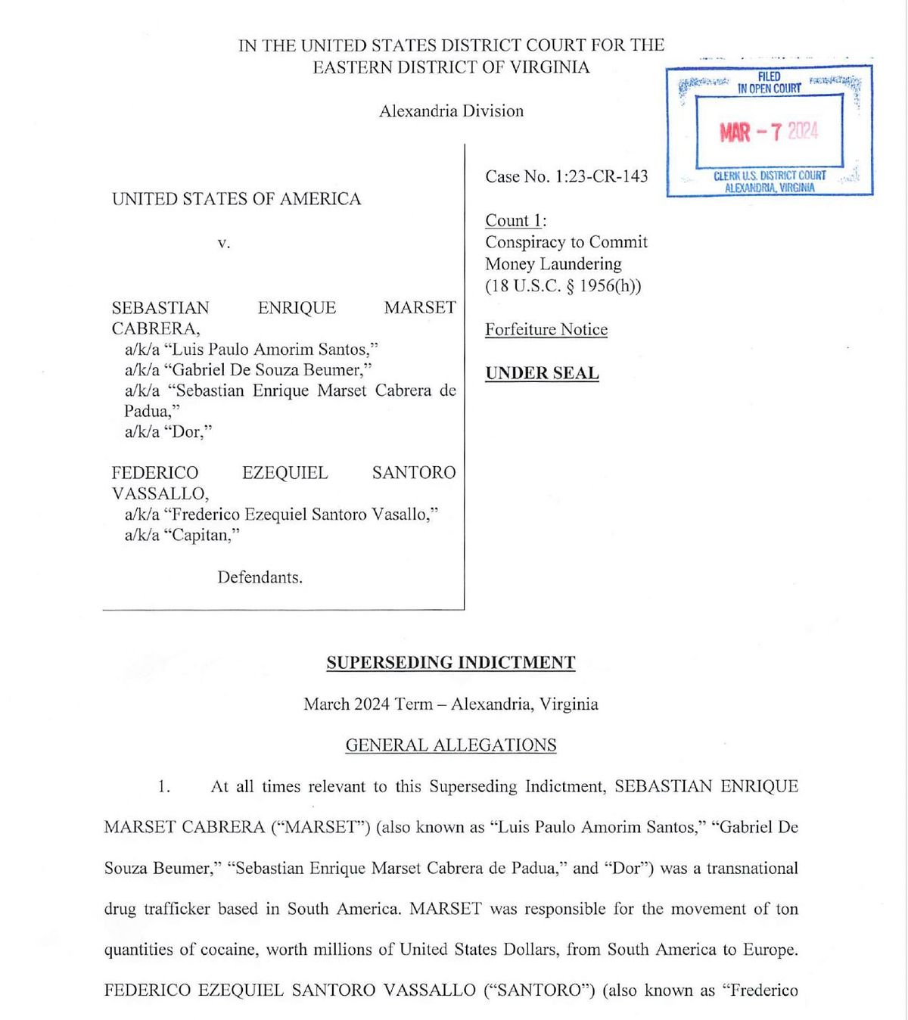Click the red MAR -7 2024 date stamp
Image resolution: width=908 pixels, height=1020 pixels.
click(769, 132)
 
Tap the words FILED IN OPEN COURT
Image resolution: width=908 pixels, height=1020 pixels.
click(769, 82)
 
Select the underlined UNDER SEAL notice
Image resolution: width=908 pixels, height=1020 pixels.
click(542, 373)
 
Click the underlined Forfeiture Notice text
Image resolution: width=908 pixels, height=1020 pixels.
click(546, 329)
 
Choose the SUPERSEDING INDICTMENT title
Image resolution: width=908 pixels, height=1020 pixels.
click(451, 663)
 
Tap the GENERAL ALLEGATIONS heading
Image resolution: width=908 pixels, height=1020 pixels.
click(451, 745)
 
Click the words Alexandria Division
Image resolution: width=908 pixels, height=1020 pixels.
click(451, 111)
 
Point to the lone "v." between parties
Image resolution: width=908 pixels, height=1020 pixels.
click(223, 243)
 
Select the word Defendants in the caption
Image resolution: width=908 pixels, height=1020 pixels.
click(260, 577)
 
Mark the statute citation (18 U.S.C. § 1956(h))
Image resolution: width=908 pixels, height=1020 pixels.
click(563, 286)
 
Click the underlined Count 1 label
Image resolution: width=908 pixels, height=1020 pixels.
click(515, 221)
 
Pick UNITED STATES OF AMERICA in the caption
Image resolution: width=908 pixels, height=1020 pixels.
click(237, 199)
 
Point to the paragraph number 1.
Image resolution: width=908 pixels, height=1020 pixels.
click(163, 786)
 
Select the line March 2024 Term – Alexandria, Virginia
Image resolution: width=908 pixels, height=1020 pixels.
click(451, 704)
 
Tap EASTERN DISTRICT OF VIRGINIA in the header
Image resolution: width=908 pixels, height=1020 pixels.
click(451, 67)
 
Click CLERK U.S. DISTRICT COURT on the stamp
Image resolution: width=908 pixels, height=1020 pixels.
click(770, 176)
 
